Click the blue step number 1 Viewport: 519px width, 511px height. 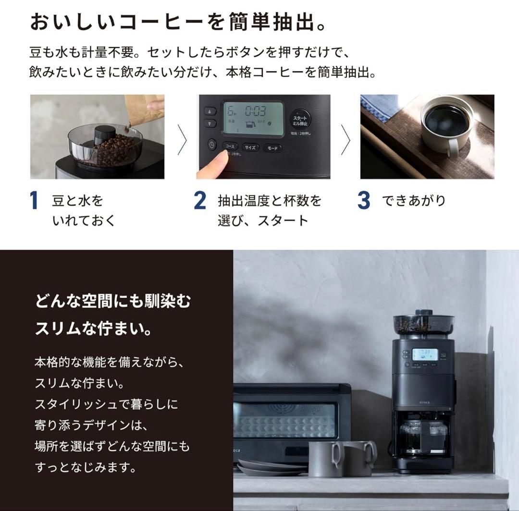point(34,200)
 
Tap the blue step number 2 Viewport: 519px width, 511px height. point(200,200)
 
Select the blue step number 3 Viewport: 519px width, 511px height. point(364,200)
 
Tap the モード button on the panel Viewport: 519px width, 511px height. point(272,148)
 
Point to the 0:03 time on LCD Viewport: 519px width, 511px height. point(255,112)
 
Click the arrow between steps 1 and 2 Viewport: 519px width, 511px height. point(182,139)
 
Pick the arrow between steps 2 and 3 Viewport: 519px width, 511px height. point(345,139)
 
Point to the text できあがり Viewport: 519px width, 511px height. point(414,200)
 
